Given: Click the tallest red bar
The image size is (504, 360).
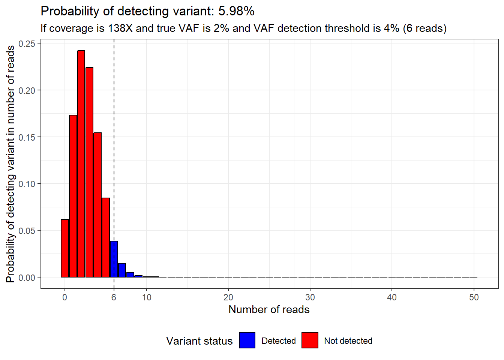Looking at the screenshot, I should click(x=81, y=164).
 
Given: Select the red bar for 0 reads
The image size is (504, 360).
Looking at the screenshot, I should click(x=65, y=248).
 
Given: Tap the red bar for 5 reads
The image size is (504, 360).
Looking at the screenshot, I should click(x=106, y=237).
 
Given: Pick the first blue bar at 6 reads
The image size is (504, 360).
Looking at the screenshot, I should click(x=114, y=259).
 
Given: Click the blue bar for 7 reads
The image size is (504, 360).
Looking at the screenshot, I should click(x=122, y=270).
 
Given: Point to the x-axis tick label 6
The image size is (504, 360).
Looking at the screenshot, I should click(x=114, y=297).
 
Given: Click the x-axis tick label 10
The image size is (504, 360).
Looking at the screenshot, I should click(x=147, y=297).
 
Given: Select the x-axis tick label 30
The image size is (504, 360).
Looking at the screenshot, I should click(x=310, y=297).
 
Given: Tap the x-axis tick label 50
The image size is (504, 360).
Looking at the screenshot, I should click(x=474, y=297).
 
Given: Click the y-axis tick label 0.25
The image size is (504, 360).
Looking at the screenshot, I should click(x=27, y=44).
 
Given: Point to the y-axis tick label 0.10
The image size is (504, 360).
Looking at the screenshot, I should click(x=27, y=184).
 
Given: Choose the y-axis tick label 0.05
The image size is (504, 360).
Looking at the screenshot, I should click(x=27, y=231).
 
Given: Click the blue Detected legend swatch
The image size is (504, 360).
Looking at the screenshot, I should click(x=247, y=340).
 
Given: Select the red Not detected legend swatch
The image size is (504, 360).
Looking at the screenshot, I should click(x=310, y=340).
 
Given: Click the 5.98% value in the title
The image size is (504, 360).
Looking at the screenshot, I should click(x=236, y=11).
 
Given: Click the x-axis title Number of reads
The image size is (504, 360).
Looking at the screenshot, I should click(x=269, y=310).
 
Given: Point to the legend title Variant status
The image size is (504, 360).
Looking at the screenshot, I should click(x=199, y=341).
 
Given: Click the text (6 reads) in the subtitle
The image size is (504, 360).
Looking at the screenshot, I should click(x=424, y=28).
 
